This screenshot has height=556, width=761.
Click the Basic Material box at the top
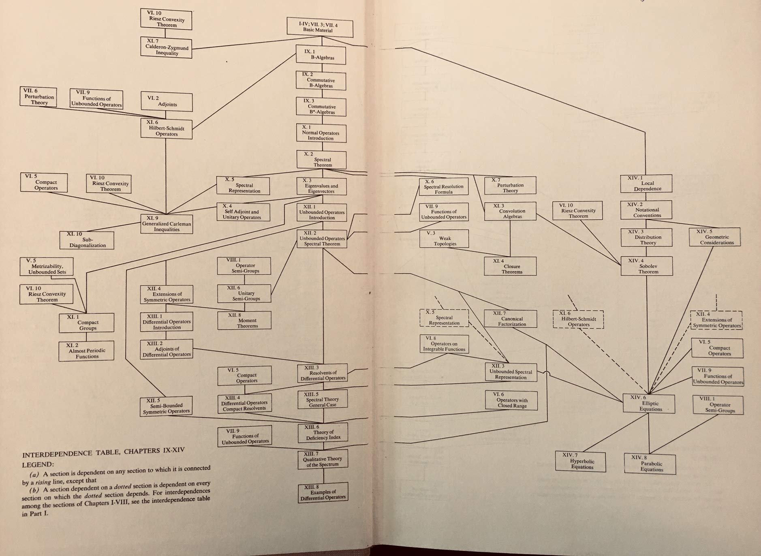(320, 28)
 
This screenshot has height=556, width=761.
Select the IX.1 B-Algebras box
(321, 55)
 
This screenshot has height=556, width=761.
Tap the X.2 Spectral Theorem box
(321, 160)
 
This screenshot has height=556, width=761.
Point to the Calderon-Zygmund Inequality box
(167, 47)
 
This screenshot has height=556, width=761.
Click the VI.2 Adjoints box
(167, 102)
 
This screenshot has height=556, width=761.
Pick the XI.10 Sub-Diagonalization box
(87, 240)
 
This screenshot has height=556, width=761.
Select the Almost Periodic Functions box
(86, 351)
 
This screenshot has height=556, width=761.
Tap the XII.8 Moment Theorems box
(244, 321)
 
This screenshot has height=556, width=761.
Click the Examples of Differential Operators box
(323, 492)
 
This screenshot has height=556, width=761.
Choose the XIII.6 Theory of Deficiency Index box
(323, 432)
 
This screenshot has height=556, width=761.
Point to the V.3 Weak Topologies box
(444, 239)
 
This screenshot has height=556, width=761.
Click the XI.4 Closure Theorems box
(510, 266)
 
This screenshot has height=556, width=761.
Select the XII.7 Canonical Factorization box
(510, 319)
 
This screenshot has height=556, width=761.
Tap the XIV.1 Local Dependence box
(646, 184)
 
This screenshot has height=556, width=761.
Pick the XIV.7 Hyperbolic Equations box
(581, 462)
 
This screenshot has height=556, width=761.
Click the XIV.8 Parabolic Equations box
(650, 464)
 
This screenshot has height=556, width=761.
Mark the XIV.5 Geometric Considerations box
(714, 237)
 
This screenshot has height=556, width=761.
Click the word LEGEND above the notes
(38, 464)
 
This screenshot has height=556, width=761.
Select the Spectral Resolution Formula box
(443, 187)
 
